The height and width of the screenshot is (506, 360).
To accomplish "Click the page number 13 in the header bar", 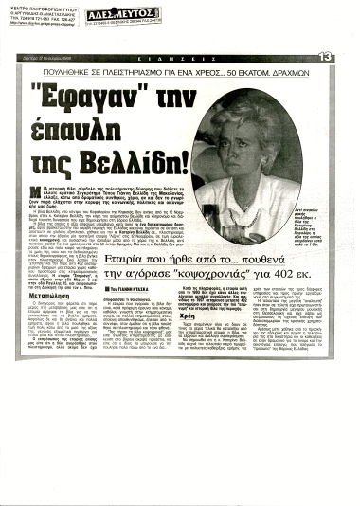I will click(325, 56).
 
